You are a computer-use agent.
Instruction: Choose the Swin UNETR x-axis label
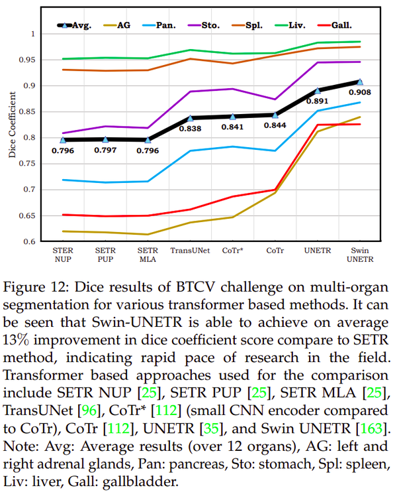coord(361,255)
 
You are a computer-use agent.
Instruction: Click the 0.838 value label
coord(190,129)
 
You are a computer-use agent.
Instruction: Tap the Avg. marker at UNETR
coord(318,90)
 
